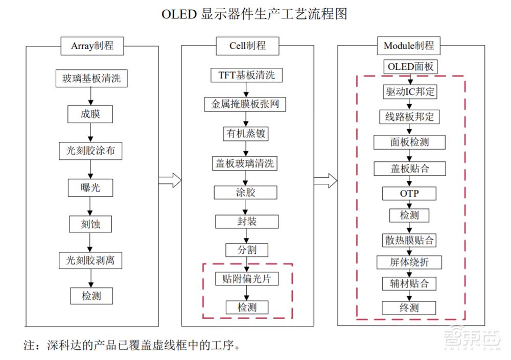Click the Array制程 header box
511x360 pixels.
pos(92,46)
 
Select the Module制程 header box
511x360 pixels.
pos(408,45)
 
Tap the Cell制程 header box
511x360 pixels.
pos(247,45)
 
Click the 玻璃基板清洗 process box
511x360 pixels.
pos(91,79)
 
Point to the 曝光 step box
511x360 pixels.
pos(90,187)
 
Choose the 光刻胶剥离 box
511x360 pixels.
pos(90,260)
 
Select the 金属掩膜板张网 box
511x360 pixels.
pos(245,104)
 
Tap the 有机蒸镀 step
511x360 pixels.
pos(245,134)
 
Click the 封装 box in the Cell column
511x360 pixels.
pos(247,221)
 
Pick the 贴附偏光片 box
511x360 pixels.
pos(247,279)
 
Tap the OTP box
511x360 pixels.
pos(409,194)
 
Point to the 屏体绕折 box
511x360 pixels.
pos(409,262)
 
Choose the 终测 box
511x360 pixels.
pos(409,307)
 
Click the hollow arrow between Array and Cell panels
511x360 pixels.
pos(170,180)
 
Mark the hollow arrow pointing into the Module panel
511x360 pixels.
pos(325,180)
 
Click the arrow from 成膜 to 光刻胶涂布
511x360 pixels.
pos(90,132)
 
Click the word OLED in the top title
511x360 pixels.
pos(179,14)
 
